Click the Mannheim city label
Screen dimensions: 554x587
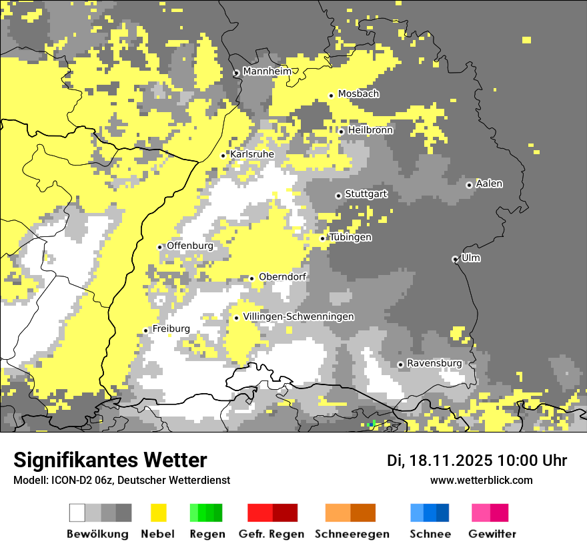pyautogui.click(x=267, y=71)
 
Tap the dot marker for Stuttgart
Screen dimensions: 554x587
pyautogui.click(x=338, y=196)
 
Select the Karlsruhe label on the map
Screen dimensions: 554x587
pyautogui.click(x=252, y=154)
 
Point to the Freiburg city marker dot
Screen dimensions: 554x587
pyautogui.click(x=145, y=330)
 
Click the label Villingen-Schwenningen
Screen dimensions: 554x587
pyautogui.click(x=298, y=316)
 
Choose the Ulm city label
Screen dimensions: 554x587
pyautogui.click(x=470, y=258)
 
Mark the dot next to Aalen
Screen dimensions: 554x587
pyautogui.click(x=469, y=185)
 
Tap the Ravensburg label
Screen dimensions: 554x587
pyautogui.click(x=434, y=363)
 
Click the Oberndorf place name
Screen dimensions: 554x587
pyautogui.click(x=282, y=277)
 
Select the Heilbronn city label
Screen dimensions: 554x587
pyautogui.click(x=370, y=130)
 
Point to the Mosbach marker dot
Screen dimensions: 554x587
pyautogui.click(x=331, y=95)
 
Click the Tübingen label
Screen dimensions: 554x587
pyautogui.click(x=350, y=237)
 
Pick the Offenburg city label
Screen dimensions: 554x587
pyautogui.click(x=190, y=246)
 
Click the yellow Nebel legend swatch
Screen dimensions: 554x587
pyautogui.click(x=158, y=513)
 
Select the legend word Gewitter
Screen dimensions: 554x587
pyautogui.click(x=492, y=534)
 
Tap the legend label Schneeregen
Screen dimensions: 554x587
pyautogui.click(x=352, y=534)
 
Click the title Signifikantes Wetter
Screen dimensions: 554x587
pyautogui.click(x=110, y=460)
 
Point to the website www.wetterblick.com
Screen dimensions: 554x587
pyautogui.click(x=481, y=480)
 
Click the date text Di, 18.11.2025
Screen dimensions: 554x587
pyautogui.click(x=439, y=461)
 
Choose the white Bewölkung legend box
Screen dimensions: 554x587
pyautogui.click(x=77, y=513)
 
